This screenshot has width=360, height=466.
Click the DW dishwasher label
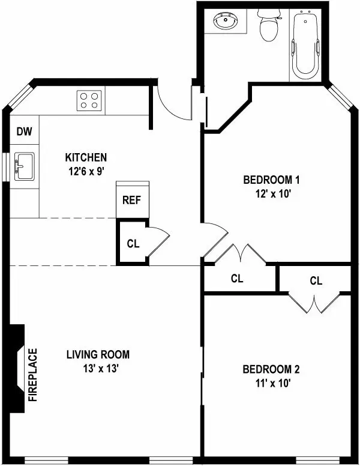click(x=24, y=131)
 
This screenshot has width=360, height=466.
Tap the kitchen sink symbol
click(x=25, y=166)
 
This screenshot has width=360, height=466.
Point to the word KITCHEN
click(x=86, y=157)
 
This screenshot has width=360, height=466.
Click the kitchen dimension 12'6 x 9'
click(x=86, y=170)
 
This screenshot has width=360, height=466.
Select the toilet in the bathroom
click(x=268, y=24)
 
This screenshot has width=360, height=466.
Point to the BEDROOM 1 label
click(x=271, y=180)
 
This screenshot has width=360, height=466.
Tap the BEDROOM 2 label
click(x=271, y=369)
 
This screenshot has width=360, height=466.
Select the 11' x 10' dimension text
click(x=271, y=383)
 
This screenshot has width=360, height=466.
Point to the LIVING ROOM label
click(x=97, y=354)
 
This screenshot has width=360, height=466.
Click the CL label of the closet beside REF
click(x=133, y=244)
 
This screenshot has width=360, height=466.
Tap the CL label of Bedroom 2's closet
click(x=316, y=280)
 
